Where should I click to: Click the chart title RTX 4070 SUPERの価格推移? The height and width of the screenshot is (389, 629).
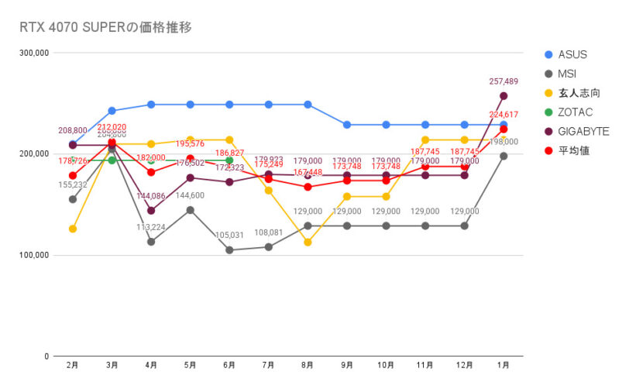click(105, 27)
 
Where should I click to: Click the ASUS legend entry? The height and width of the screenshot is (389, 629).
click(572, 54)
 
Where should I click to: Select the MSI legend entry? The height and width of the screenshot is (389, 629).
click(568, 74)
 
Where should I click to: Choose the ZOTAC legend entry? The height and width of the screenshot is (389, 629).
click(574, 112)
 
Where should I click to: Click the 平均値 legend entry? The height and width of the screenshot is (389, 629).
click(573, 150)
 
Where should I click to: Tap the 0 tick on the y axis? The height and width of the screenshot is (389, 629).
click(46, 356)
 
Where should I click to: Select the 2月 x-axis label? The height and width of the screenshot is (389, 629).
click(72, 365)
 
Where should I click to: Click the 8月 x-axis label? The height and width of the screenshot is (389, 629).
click(308, 365)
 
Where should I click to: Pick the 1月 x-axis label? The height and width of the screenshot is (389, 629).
click(504, 365)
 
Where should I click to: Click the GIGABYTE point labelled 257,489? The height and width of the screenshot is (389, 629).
click(504, 96)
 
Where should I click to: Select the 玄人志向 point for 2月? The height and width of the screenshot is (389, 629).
click(72, 229)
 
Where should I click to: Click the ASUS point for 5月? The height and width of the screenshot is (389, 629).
click(190, 105)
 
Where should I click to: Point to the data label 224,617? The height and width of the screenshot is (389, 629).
click(504, 114)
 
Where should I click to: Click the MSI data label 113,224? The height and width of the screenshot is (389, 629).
click(151, 228)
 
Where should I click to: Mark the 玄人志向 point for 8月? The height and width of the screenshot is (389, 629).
click(308, 243)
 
